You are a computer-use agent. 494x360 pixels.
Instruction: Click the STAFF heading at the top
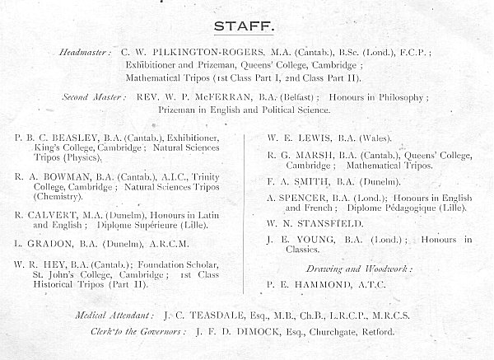pyautogui.click(x=245, y=26)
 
